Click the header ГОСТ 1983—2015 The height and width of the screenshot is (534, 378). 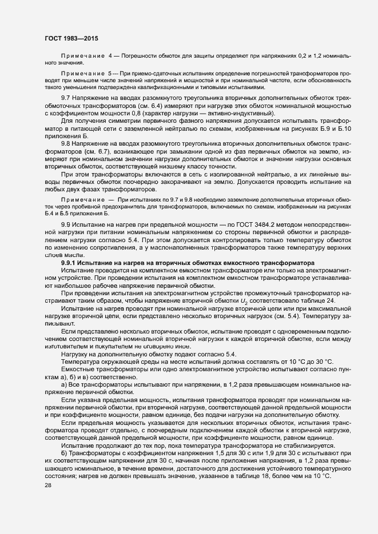[x=71, y=38]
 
